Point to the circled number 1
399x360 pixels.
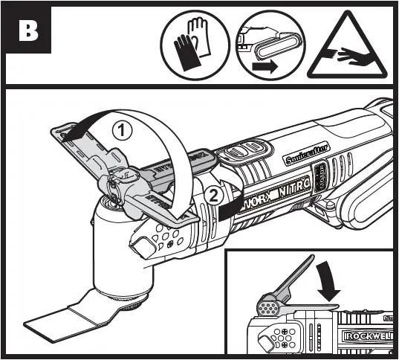pos(122,129)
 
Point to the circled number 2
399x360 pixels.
pos(213,196)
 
